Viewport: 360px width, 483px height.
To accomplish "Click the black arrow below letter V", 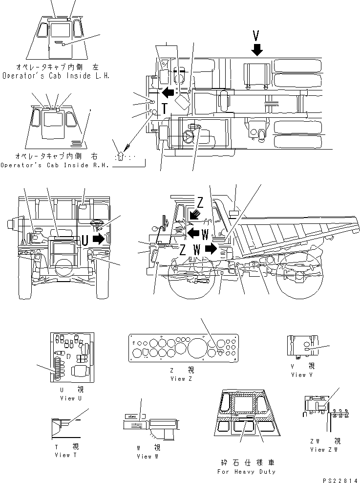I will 257,48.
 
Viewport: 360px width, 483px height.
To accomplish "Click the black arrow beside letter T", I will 169,92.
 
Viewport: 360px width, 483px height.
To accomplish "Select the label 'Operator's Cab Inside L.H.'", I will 56,76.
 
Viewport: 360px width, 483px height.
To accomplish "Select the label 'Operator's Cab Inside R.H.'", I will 56,165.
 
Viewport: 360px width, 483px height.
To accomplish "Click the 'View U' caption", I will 67,398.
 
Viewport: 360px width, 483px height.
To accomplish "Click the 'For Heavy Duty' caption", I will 247,471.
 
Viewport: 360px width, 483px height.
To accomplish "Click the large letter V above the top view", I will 257,35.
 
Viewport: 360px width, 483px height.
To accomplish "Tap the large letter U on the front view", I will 85,240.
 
